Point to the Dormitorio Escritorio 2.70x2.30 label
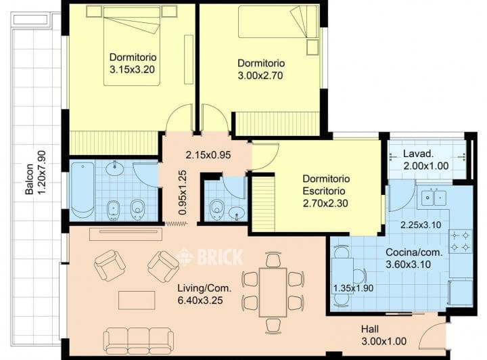[x=326, y=190]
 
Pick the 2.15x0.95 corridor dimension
[x=208, y=154]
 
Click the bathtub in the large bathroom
[x=83, y=190]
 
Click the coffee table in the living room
[x=137, y=300]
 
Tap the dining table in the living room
[x=273, y=289]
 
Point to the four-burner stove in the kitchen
[x=460, y=242]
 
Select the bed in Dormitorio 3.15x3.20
[x=131, y=45]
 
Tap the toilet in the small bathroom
[x=217, y=210]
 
